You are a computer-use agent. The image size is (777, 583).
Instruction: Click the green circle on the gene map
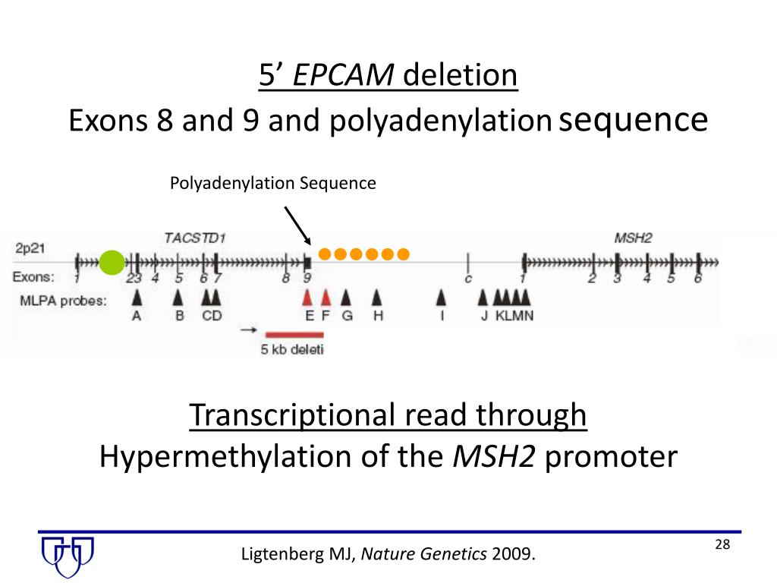(x=111, y=262)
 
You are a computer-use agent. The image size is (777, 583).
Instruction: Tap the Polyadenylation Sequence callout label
(x=272, y=183)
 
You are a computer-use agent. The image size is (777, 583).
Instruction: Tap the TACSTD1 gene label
(x=195, y=238)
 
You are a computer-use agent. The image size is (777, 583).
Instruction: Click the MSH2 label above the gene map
(x=632, y=238)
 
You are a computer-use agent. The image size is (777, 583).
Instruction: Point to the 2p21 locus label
(x=31, y=248)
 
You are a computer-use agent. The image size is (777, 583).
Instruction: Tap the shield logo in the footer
(x=68, y=556)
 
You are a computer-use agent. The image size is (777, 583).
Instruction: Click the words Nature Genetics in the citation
(x=424, y=555)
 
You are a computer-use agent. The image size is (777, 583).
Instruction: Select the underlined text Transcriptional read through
(x=388, y=415)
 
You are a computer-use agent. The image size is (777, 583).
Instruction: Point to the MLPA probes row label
(x=62, y=301)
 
